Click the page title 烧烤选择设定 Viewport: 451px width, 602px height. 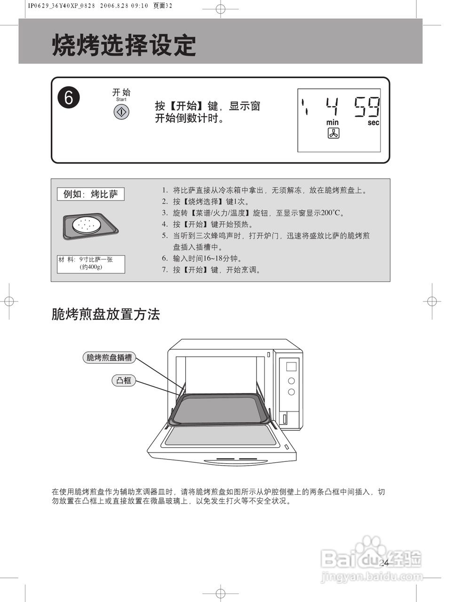pyautogui.click(x=124, y=45)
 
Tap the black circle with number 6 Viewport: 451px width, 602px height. pyautogui.click(x=69, y=98)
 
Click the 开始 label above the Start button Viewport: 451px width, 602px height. pyautogui.click(x=121, y=92)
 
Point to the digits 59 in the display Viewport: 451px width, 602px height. pyautogui.click(x=367, y=107)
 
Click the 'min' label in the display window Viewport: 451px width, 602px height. pyautogui.click(x=332, y=122)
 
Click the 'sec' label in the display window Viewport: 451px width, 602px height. pyautogui.click(x=373, y=122)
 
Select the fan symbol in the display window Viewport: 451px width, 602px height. pyautogui.click(x=333, y=134)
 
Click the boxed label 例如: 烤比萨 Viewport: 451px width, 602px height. pyautogui.click(x=91, y=194)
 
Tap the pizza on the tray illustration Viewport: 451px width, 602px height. pyautogui.click(x=87, y=225)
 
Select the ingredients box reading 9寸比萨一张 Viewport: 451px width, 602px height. pyautogui.click(x=91, y=264)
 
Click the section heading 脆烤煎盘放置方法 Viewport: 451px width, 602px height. pyautogui.click(x=106, y=314)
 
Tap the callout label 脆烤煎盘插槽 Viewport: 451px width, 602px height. pyautogui.click(x=109, y=357)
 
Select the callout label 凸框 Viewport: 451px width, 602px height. pyautogui.click(x=124, y=380)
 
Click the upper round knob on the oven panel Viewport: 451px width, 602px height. pyautogui.click(x=291, y=380)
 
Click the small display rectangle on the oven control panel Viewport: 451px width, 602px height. pyautogui.click(x=291, y=366)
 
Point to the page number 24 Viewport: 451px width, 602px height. pyautogui.click(x=384, y=563)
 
